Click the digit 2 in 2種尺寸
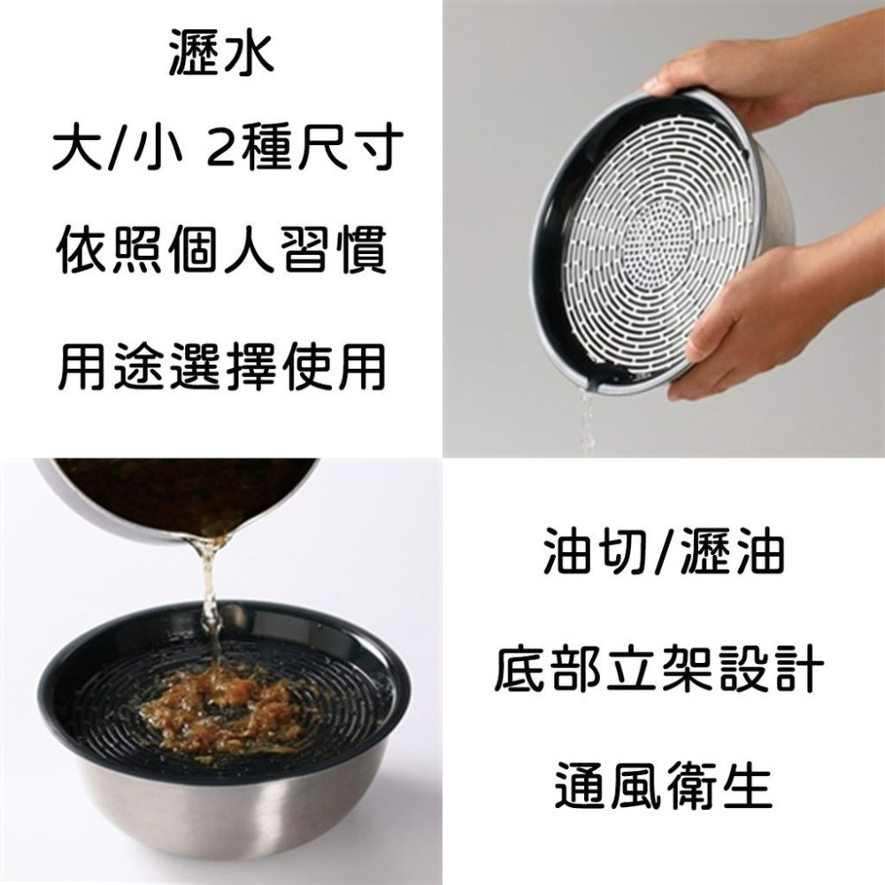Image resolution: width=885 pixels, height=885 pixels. click(x=218, y=147)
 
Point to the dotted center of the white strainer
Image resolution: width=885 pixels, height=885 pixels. click(x=659, y=235)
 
